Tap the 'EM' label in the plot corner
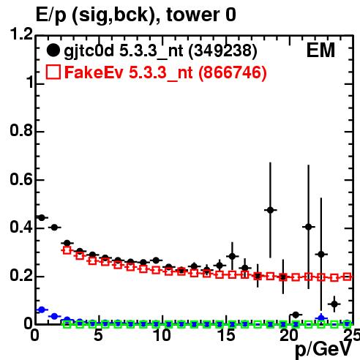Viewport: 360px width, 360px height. point(320,50)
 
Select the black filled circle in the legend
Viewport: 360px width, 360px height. point(53,50)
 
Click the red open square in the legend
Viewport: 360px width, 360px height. point(53,72)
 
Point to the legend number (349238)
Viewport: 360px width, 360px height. point(222,51)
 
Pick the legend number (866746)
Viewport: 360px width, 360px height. point(233,72)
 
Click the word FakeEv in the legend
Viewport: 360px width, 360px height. point(94,72)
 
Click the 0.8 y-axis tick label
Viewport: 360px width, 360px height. point(21,130)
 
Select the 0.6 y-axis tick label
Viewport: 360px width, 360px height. point(21,179)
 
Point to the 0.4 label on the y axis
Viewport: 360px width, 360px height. point(21,227)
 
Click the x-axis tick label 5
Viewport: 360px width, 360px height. point(98,335)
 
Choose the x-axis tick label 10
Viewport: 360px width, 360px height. point(162,335)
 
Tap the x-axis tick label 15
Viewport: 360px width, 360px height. point(226,335)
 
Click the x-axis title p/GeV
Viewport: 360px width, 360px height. point(323,350)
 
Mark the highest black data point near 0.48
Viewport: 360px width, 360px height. point(270,210)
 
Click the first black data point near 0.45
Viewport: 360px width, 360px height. point(42,217)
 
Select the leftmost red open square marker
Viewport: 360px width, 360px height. point(67,250)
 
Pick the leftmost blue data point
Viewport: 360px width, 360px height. point(42,310)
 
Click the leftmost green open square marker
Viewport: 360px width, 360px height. point(67,324)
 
